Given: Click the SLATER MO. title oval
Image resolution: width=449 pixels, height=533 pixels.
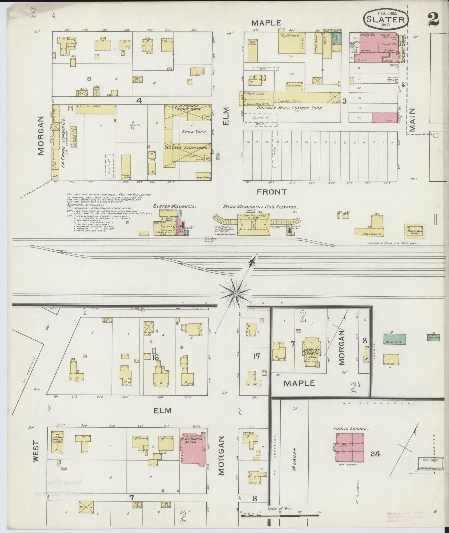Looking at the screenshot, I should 385,19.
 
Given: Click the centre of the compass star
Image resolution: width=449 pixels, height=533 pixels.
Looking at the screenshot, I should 236,293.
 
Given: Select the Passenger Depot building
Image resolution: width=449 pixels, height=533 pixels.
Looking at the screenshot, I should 415,231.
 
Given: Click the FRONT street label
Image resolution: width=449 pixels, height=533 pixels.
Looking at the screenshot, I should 272,192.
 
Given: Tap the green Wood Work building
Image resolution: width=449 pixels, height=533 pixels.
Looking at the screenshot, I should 395,338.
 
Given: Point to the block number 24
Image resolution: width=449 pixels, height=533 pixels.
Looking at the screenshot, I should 375,454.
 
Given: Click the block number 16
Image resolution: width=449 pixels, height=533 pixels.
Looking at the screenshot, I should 155,357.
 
